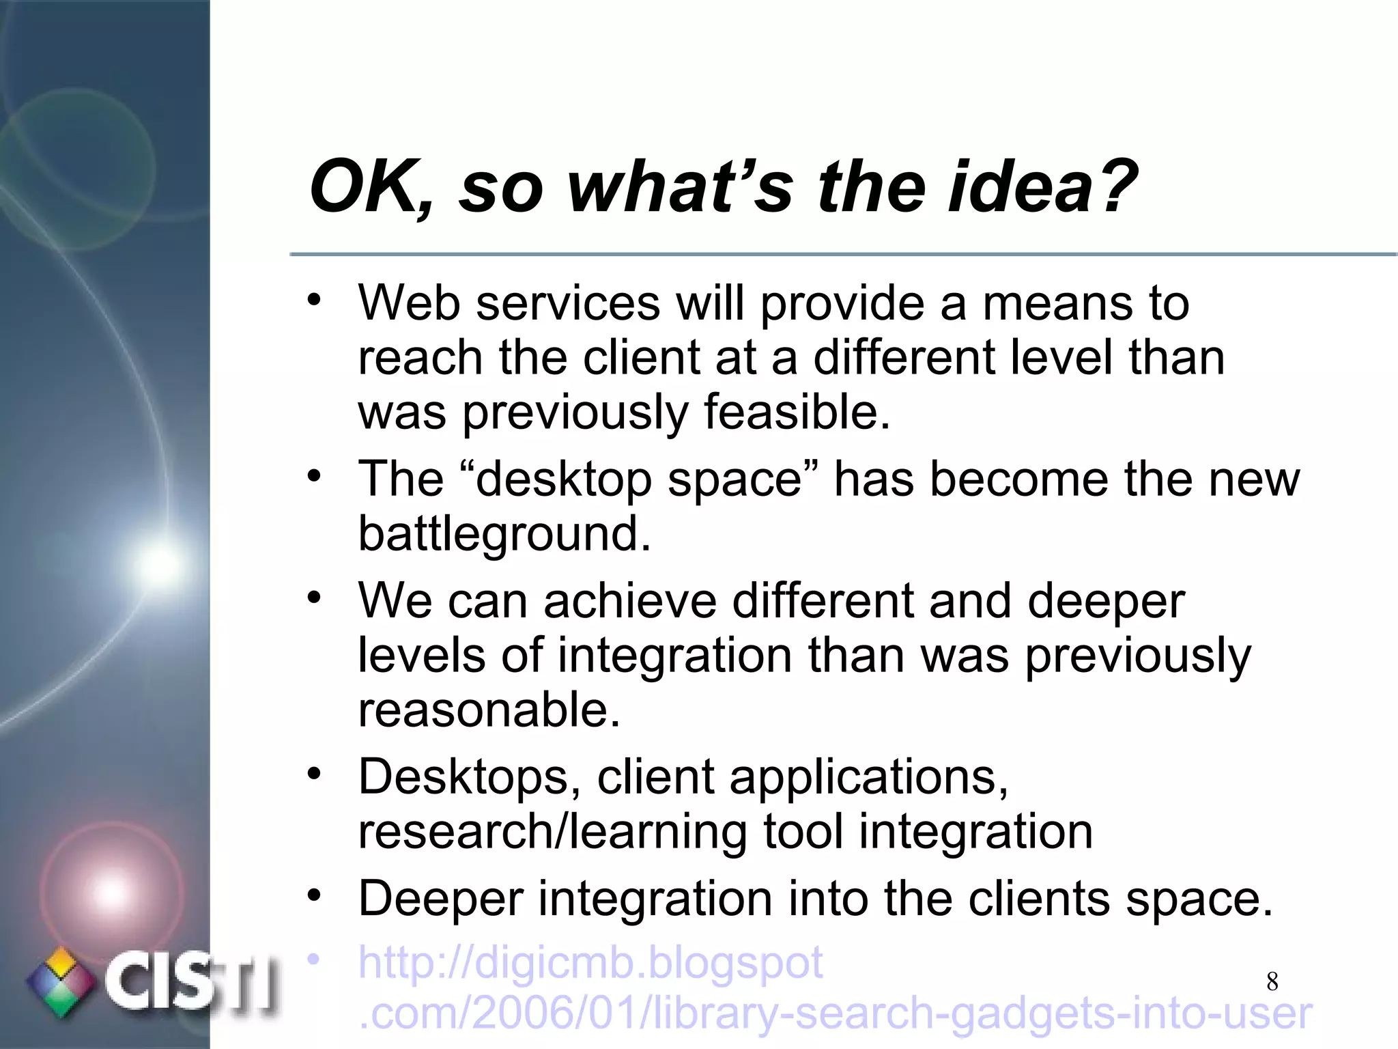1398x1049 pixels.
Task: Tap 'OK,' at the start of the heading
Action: (x=372, y=186)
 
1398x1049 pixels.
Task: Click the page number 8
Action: (x=1272, y=981)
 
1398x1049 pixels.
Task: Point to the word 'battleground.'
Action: (x=504, y=533)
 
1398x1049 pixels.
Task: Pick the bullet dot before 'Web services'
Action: (x=313, y=300)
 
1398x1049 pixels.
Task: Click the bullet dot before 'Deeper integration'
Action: (x=313, y=896)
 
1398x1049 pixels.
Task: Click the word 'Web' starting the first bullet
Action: (x=409, y=302)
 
